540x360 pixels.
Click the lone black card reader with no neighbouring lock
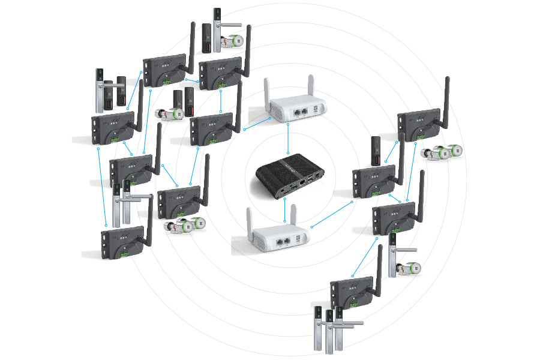pos(376,150)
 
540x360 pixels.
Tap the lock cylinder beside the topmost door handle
pos(231,41)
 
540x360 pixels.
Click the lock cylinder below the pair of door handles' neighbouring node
pos(185,226)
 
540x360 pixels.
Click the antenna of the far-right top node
pos(446,102)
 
